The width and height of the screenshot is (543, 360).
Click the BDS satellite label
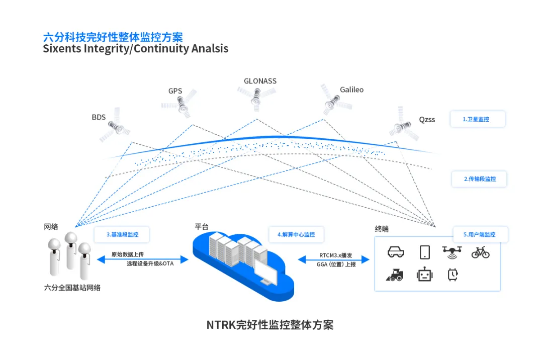point(99,117)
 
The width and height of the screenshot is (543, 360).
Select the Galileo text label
point(351,89)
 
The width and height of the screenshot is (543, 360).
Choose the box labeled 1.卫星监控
point(476,119)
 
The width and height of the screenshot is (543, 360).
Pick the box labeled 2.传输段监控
point(479,179)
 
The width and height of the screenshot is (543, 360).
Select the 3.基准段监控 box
point(122,234)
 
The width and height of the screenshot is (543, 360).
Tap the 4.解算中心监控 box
point(296,234)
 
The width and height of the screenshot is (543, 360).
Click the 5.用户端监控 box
point(481,234)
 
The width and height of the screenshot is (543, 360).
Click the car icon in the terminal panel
point(396,252)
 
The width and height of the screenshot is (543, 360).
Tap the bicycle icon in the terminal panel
point(480,252)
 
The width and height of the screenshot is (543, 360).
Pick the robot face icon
point(424,275)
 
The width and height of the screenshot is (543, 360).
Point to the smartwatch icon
point(452,275)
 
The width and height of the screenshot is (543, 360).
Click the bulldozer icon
point(395,275)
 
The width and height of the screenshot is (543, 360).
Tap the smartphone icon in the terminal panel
point(424,252)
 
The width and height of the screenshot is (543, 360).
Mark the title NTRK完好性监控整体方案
point(270,324)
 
